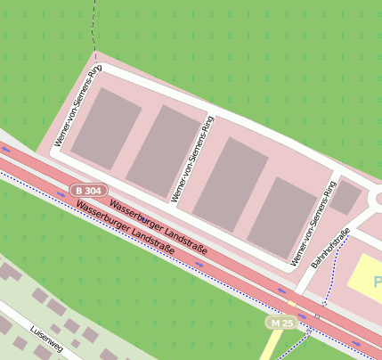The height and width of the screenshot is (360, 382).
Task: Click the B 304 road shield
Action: [x=91, y=191]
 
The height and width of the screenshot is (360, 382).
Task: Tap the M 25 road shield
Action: [x=282, y=322]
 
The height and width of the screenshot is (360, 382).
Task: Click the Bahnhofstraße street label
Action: [x=330, y=250]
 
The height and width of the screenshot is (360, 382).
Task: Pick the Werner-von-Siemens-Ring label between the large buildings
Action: [x=192, y=158]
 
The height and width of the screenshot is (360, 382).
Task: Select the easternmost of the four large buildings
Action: [x=282, y=216]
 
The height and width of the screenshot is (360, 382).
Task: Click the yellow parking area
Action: [x=365, y=280]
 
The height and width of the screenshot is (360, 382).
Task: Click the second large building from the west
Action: [x=165, y=151]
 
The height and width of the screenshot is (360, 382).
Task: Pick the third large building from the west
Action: [x=231, y=183]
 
